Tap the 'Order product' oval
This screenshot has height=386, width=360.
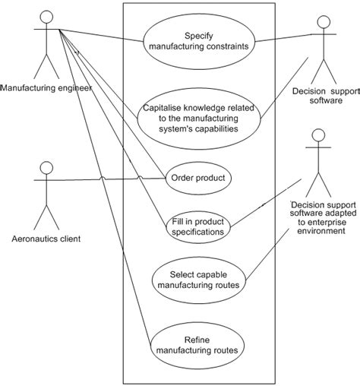point(198,178)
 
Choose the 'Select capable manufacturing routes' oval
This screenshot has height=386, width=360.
point(200,280)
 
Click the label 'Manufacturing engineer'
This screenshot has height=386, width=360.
point(46,88)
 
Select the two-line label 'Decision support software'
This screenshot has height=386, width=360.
point(324,95)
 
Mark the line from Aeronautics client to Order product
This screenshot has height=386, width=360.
point(114,179)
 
